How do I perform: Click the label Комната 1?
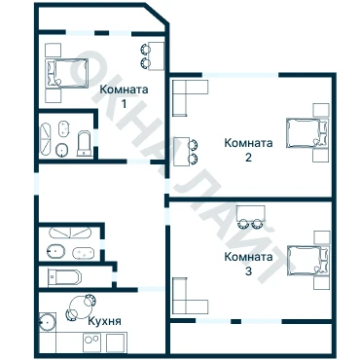[124, 96]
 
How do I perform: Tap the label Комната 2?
[248, 150]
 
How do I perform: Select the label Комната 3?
[248, 264]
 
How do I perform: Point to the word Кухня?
[105, 321]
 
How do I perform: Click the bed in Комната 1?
[67, 73]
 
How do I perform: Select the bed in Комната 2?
[307, 133]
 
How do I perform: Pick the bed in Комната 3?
[308, 261]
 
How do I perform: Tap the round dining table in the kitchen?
[81, 307]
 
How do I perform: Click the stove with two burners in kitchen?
[92, 342]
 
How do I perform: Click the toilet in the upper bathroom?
[85, 143]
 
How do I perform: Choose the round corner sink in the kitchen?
[48, 322]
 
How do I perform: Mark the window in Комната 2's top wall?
[240, 75]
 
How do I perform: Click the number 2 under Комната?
[248, 158]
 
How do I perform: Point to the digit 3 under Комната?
[248, 271]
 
